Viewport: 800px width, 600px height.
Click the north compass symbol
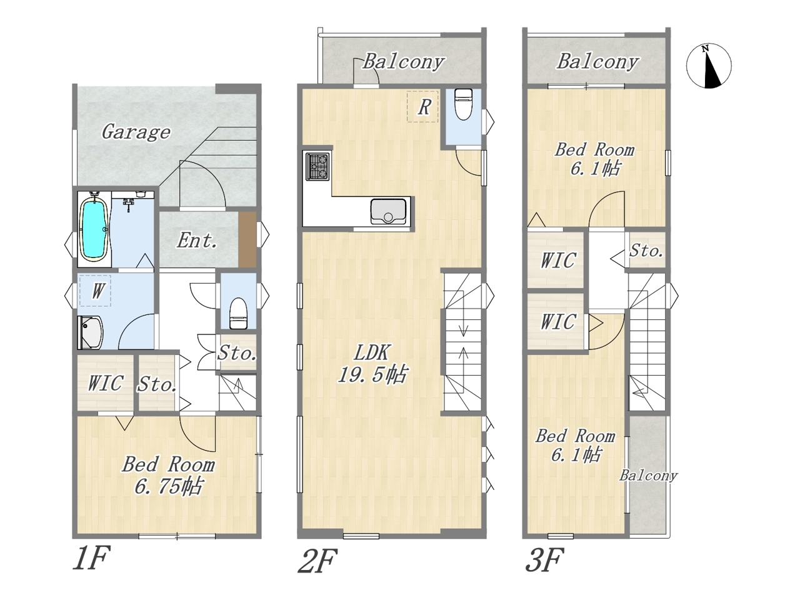[x=709, y=66]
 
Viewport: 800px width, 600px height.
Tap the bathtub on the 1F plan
[x=94, y=228]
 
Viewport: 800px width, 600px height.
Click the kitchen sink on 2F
[x=388, y=212]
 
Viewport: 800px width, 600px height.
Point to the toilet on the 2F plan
[x=463, y=104]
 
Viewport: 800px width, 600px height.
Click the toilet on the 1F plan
[x=238, y=314]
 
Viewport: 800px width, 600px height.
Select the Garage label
[x=136, y=132]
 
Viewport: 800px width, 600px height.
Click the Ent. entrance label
[x=197, y=241]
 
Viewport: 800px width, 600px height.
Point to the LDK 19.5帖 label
[x=372, y=363]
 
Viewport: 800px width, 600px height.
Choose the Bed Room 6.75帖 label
[x=168, y=475]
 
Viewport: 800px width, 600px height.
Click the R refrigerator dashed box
[x=422, y=106]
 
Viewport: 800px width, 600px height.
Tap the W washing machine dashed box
[x=95, y=291]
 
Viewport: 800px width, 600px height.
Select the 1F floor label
[x=91, y=559]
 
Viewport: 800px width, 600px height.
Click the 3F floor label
[x=544, y=560]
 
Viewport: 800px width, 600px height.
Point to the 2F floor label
[x=317, y=561]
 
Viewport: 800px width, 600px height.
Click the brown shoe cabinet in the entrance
[x=247, y=239]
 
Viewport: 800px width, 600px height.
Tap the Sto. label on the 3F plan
[x=646, y=251]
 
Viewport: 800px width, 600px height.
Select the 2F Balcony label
[x=403, y=62]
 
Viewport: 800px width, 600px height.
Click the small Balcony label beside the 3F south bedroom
[x=648, y=476]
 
